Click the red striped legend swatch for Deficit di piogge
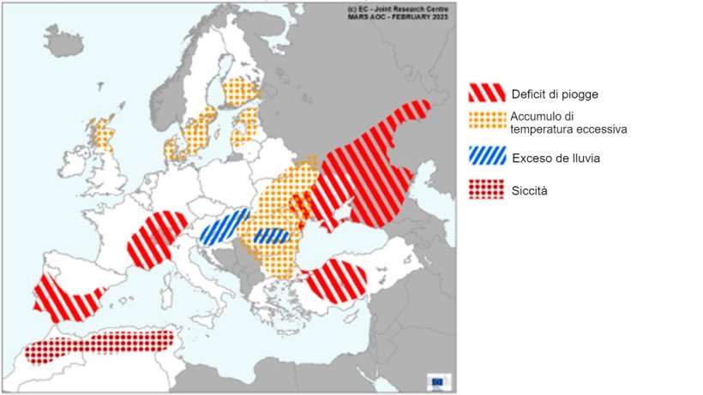tap(486, 93)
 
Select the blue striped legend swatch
tap(486, 157)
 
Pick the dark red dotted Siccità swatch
tap(486, 189)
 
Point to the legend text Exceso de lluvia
tap(556, 158)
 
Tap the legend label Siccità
tap(529, 190)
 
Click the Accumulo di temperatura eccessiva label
tap(569, 123)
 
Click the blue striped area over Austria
tap(224, 226)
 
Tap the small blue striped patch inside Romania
tap(271, 236)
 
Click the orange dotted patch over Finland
tap(242, 90)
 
